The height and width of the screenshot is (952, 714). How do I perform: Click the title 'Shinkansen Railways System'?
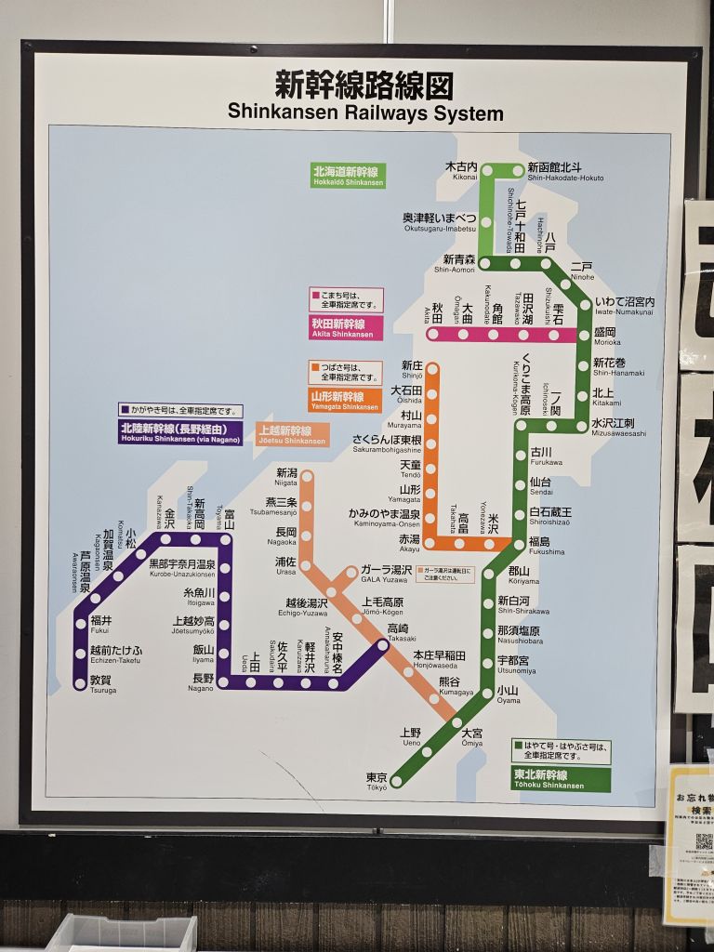365,113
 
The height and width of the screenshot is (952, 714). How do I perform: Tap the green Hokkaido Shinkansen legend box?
348,176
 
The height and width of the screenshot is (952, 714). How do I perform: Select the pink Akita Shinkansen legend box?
346,327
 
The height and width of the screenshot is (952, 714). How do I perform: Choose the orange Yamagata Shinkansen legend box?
345,401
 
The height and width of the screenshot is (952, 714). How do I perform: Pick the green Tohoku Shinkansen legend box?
562,779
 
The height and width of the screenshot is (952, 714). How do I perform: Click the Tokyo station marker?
397,781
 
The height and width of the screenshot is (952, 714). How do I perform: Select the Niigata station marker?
307,476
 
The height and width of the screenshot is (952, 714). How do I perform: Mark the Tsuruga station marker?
80,684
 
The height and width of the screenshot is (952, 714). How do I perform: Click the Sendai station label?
540,485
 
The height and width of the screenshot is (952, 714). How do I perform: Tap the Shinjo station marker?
432,369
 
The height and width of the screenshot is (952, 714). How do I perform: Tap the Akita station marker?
432,334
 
